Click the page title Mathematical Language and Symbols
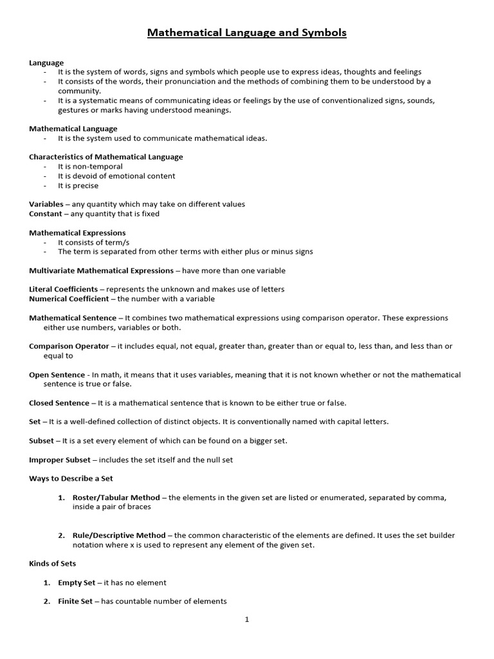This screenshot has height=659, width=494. pos(247,32)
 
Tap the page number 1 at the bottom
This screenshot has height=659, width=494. pos(247,620)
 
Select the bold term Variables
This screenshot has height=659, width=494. pos(46,204)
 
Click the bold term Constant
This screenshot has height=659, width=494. pos(46,214)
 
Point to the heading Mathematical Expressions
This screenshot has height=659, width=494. pos(77,232)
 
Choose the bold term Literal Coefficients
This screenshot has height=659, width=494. pos(63,289)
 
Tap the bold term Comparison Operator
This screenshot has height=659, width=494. pos(69,346)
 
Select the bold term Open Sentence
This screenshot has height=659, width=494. pos(57,375)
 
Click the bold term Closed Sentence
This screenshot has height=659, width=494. pos(59,403)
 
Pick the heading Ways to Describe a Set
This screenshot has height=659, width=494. pos(71,479)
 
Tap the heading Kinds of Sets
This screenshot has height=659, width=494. pos(52,564)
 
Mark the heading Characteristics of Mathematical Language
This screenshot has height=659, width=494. pos(105,156)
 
